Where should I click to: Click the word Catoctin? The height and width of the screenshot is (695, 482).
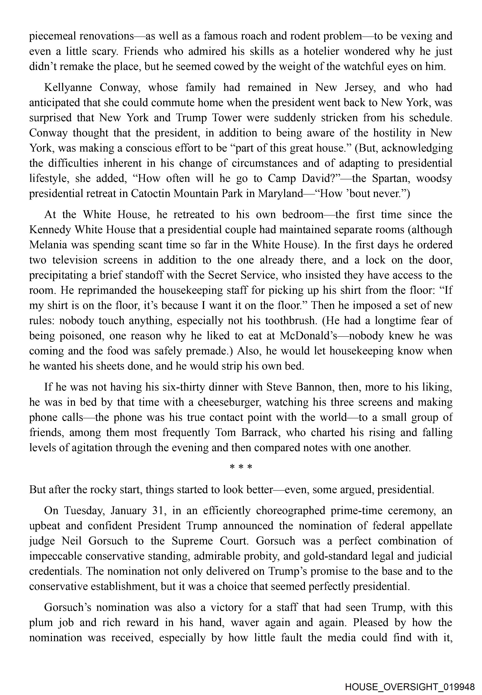click(151, 194)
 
